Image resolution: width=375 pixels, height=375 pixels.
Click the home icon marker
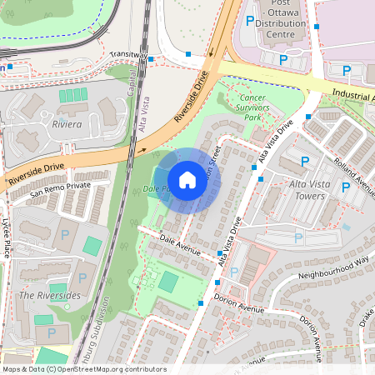point(187,180)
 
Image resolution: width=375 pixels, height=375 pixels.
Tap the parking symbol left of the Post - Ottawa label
point(249,21)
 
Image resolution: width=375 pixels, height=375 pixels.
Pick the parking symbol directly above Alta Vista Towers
point(304,161)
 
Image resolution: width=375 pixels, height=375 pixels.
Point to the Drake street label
point(367,316)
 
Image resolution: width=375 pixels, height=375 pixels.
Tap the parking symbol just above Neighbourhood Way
point(298,238)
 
